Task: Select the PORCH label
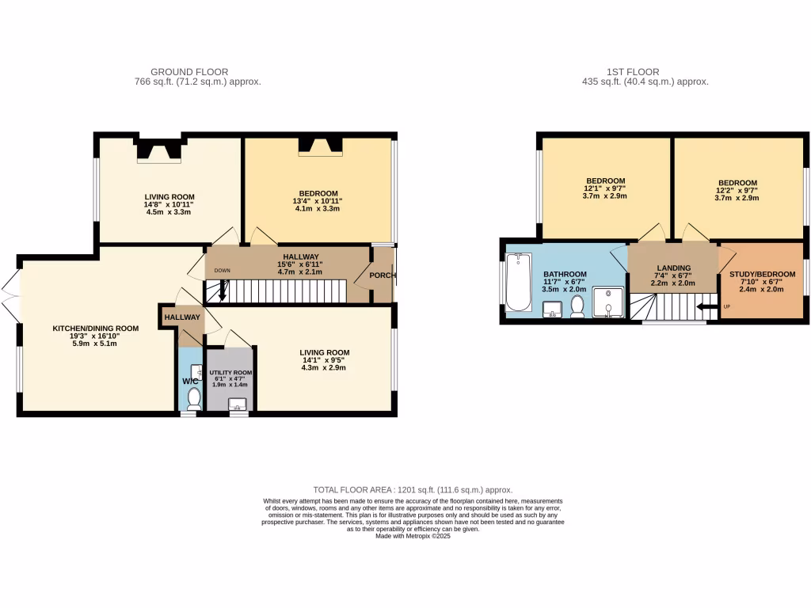(383, 275)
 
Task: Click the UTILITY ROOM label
(230, 372)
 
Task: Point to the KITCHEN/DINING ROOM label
(96, 328)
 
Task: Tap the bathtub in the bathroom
(519, 282)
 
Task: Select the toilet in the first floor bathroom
(577, 305)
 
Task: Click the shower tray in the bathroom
(608, 302)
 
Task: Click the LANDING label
(672, 268)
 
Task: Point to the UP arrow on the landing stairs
(702, 307)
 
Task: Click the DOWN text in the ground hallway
(222, 271)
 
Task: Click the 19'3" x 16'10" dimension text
(96, 336)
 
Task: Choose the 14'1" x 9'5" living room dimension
(324, 361)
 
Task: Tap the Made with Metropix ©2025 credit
(413, 536)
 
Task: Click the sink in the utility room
(237, 406)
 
